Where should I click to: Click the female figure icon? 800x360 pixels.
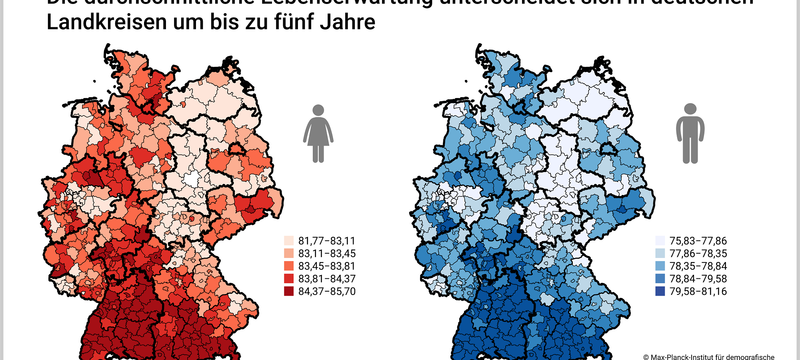(318, 134)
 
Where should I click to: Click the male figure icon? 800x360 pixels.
(690, 134)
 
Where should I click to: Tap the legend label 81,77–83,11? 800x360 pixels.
(326, 241)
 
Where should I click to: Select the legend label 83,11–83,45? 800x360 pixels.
(326, 254)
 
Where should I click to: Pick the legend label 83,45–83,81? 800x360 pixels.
(326, 266)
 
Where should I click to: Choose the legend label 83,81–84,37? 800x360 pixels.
(326, 279)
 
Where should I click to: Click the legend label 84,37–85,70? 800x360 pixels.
(326, 291)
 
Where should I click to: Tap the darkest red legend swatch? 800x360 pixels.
(289, 291)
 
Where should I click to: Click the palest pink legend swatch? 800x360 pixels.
(289, 241)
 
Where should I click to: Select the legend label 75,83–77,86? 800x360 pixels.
(698, 241)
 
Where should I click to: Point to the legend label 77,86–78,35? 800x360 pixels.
(698, 254)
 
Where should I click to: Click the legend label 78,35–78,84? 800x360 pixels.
(698, 266)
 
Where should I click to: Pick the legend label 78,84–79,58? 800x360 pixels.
(698, 279)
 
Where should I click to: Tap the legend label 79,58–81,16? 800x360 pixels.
(698, 291)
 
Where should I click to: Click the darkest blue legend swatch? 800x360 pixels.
(660, 291)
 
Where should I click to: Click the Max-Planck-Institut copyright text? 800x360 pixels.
(708, 357)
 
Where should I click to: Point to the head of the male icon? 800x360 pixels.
(690, 109)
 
